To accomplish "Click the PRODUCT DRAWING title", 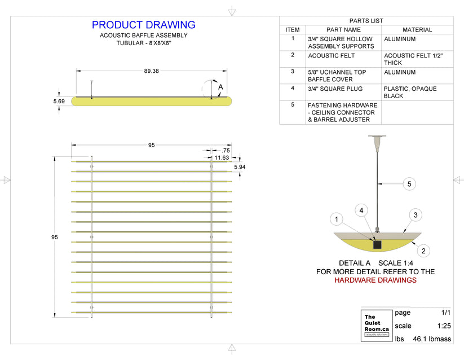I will coord(143,25).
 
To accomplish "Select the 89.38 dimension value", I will coord(152,71).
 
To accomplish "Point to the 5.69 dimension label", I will coord(59,101).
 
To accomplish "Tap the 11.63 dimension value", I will coord(221,158).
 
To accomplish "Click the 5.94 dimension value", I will coord(240,168).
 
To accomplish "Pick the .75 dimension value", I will coord(226,151).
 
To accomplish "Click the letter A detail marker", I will coord(220,87).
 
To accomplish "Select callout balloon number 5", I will coord(410,183).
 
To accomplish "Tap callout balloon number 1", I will coord(337,219).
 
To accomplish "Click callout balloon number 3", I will coord(415,215).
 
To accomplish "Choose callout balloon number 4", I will coord(363,210).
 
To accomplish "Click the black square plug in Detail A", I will coord(377,244).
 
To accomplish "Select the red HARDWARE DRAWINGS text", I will coord(375,280).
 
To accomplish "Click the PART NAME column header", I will coord(343,29).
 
